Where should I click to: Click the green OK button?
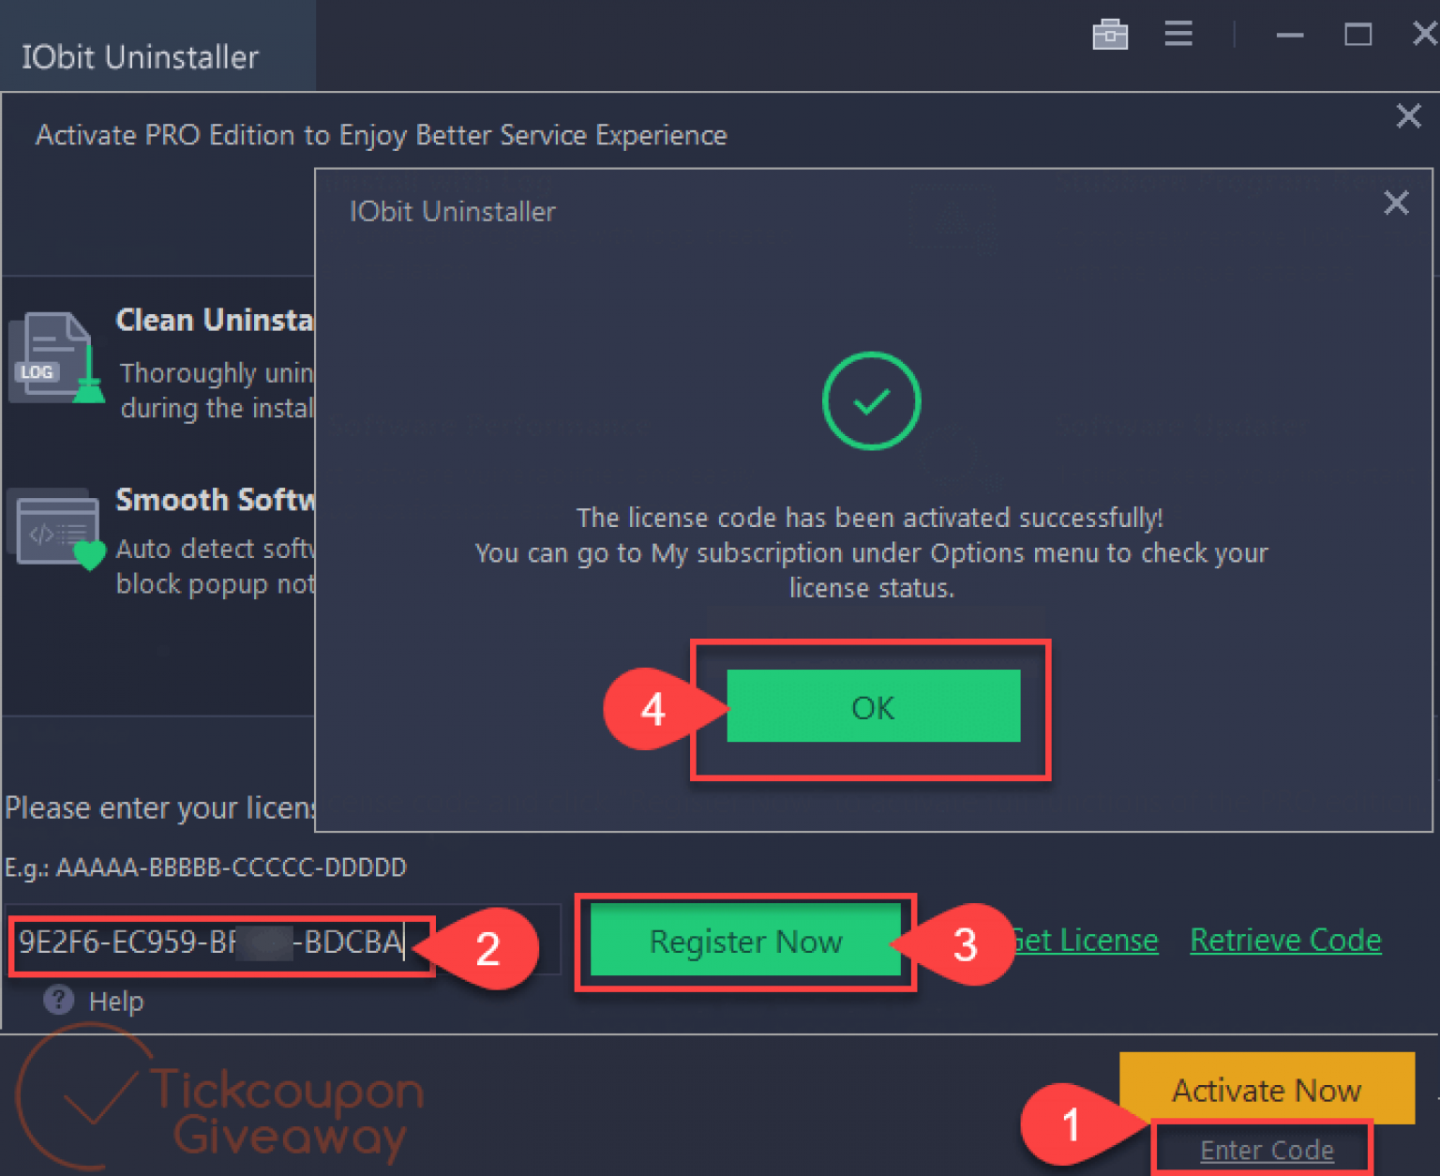(873, 706)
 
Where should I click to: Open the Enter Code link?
(1267, 1150)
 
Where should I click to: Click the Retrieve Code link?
(1285, 940)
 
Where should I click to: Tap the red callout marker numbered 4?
(652, 709)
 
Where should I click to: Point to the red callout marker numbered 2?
(487, 948)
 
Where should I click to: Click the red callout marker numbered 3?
(965, 944)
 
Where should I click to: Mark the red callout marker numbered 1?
(1071, 1123)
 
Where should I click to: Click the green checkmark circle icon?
(871, 400)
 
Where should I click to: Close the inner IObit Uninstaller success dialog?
(1396, 203)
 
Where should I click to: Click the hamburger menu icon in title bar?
(1178, 35)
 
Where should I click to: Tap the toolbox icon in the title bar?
(1110, 35)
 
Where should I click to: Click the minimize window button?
(1290, 36)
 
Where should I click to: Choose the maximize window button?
(1357, 35)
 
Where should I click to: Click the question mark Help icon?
(58, 1000)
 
